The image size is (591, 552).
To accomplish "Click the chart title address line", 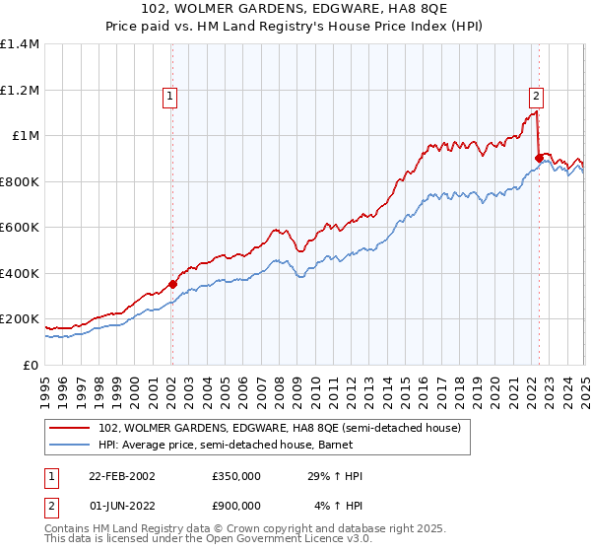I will pos(295,10).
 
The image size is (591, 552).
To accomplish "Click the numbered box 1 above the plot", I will pos(171,97).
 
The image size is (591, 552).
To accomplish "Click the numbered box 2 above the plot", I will pos(536,97).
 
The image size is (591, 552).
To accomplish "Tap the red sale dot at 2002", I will pos(172,285).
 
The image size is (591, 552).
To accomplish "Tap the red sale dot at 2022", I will pos(539,158).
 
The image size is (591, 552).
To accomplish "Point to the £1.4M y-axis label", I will pos(20,44).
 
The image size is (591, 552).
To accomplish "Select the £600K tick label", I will pos(20,228).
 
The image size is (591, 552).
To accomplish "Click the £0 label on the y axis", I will pos(31,365).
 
